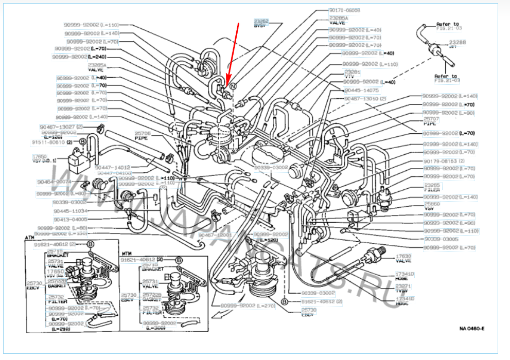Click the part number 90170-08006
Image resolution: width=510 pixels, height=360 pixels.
coord(345,10)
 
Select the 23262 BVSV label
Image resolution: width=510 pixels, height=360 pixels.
coord(261,24)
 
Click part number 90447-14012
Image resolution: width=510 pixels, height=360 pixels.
coord(113,167)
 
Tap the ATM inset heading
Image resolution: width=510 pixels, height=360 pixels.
coord(29,238)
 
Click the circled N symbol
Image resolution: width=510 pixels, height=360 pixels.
coord(233,86)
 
